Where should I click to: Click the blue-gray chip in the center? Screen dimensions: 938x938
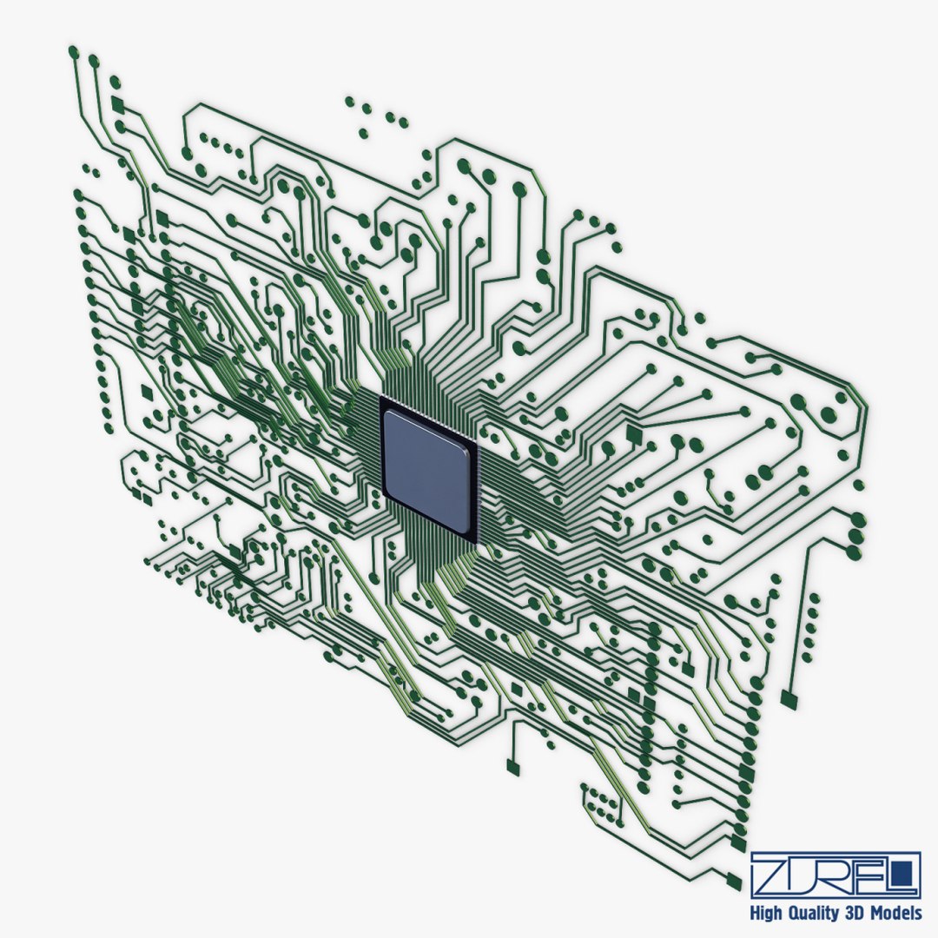[429, 470]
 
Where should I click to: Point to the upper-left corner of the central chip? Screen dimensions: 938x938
[381, 399]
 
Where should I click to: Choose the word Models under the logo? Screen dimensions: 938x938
[901, 914]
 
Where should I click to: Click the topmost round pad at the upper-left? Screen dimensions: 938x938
[73, 52]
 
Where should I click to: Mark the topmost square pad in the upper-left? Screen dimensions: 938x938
[117, 105]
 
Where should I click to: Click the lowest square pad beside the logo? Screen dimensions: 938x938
[734, 882]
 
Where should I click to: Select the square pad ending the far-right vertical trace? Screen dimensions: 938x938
[789, 697]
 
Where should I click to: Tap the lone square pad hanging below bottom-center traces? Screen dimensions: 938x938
[512, 766]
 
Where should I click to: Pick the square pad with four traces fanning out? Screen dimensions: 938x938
[633, 433]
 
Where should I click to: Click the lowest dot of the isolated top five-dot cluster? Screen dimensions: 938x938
[363, 134]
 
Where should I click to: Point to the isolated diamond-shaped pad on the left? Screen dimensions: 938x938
[147, 393]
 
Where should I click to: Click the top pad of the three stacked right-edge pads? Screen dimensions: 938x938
[857, 519]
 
